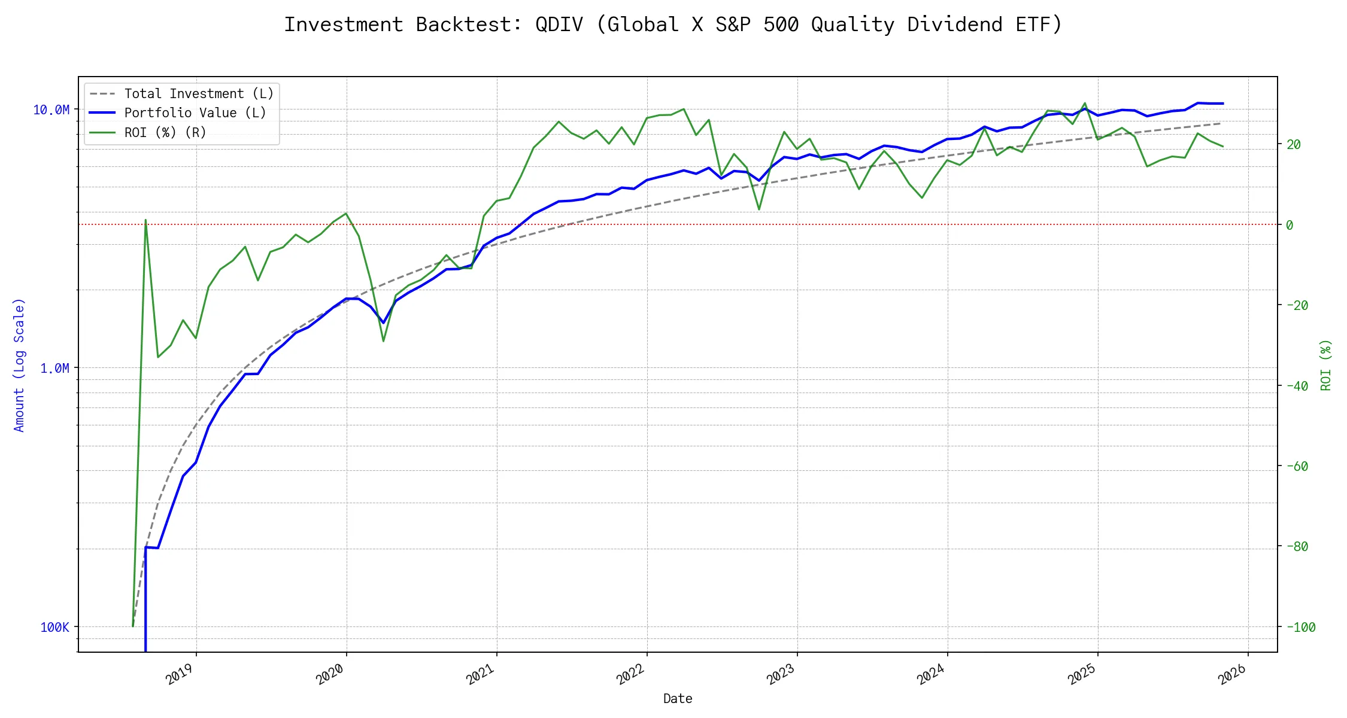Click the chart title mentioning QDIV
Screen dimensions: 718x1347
673,25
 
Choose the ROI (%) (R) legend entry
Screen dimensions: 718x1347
165,133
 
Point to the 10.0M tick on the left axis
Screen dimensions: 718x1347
51,110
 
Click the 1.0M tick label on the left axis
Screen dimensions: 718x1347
54,369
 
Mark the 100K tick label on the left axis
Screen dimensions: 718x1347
55,628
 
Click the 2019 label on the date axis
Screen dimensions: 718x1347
180,674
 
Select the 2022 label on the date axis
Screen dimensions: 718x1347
630,674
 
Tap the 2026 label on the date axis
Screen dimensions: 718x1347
1232,674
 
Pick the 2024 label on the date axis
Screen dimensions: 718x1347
931,674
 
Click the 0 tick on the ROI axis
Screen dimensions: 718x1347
1290,225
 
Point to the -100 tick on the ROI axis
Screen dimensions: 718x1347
1300,628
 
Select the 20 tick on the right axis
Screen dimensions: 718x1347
1293,144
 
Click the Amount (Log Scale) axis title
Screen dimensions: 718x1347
19,365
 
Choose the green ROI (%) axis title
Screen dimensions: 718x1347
1326,365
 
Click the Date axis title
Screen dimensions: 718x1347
678,699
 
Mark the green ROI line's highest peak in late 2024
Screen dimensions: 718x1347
1085,103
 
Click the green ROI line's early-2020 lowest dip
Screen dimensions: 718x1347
383,341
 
